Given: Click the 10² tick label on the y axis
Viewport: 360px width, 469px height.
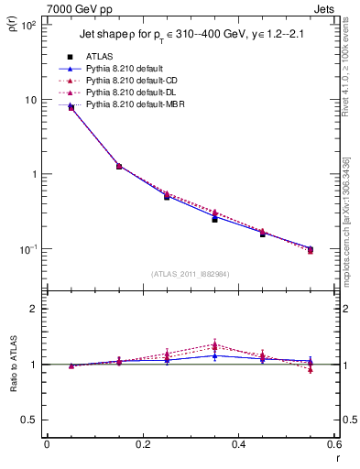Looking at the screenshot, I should click(28, 26).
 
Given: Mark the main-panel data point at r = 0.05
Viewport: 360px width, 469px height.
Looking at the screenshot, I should click(71, 107).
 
